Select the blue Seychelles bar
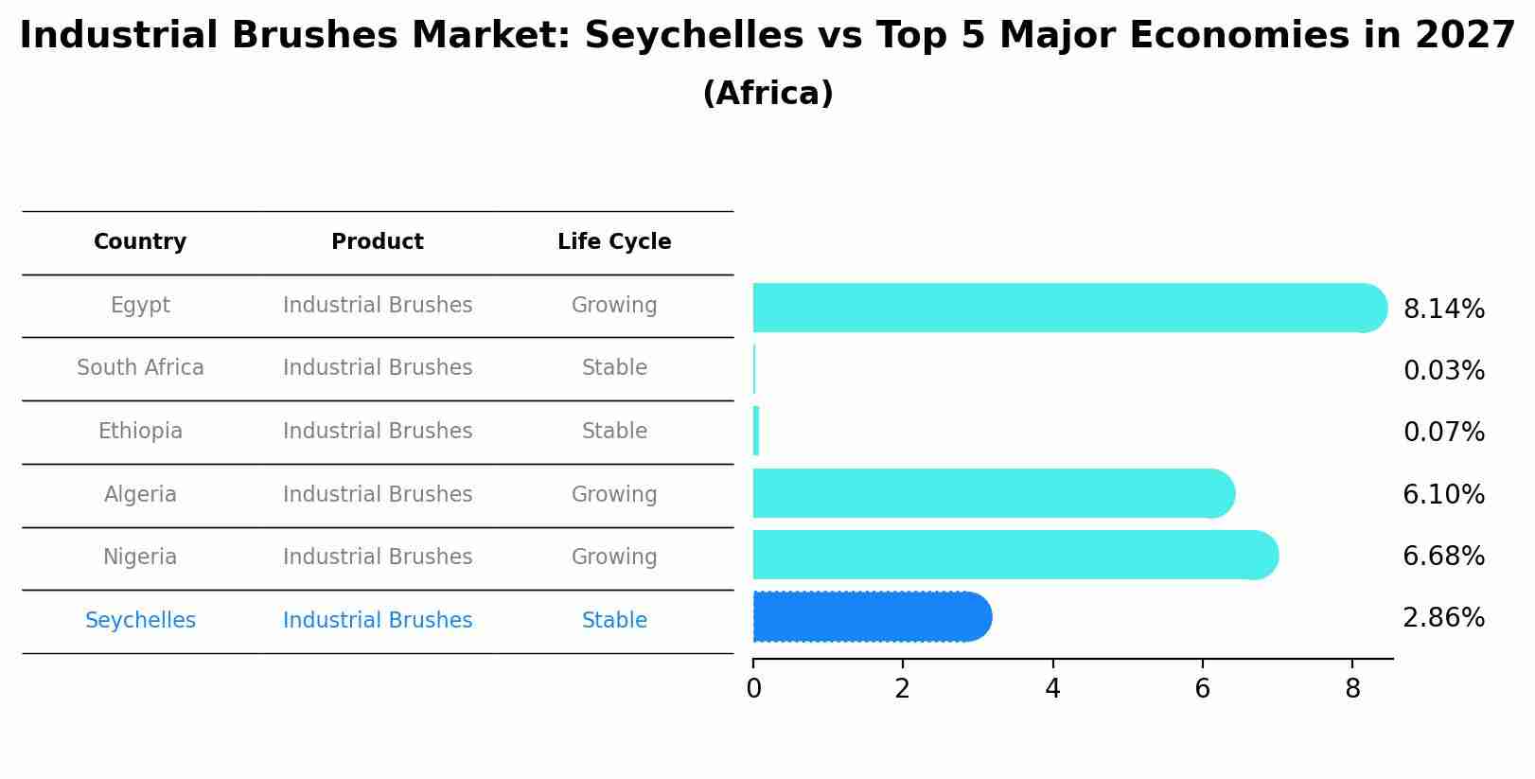872,617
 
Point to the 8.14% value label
1443,310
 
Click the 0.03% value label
1443,371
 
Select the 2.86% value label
1443,618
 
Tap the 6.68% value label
1443,557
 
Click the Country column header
140,242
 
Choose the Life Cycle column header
614,242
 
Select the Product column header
378,242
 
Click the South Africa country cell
140,368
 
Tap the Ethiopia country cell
140,432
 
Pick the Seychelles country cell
140,621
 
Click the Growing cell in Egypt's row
614,306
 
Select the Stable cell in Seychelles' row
614,621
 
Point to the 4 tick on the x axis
1052,689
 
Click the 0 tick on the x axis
753,689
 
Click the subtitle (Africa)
767,94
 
